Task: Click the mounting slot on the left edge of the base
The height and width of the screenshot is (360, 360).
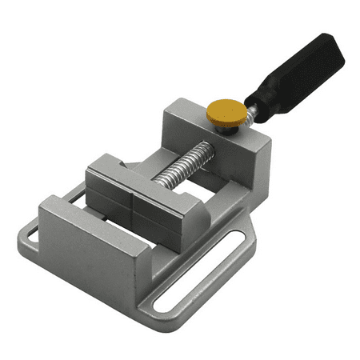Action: [x=29, y=237]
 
